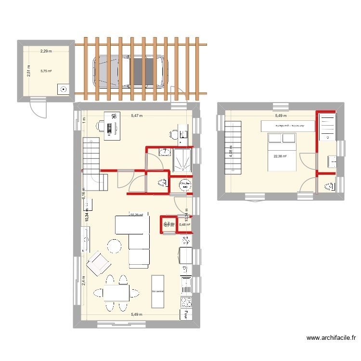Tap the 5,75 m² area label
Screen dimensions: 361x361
tap(46, 71)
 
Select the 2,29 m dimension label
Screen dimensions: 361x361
tap(46, 51)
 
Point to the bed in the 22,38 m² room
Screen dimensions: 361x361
tap(282, 152)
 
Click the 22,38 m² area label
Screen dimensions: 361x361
tap(280, 155)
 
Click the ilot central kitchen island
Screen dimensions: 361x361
tap(157, 291)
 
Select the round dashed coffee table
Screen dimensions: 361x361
tap(115, 246)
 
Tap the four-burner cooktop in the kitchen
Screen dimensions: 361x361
tap(186, 302)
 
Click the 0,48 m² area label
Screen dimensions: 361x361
tap(184, 224)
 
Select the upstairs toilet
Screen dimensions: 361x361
tap(331, 186)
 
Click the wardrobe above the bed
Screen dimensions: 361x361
tap(288, 126)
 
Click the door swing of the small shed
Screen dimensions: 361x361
tap(39, 108)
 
